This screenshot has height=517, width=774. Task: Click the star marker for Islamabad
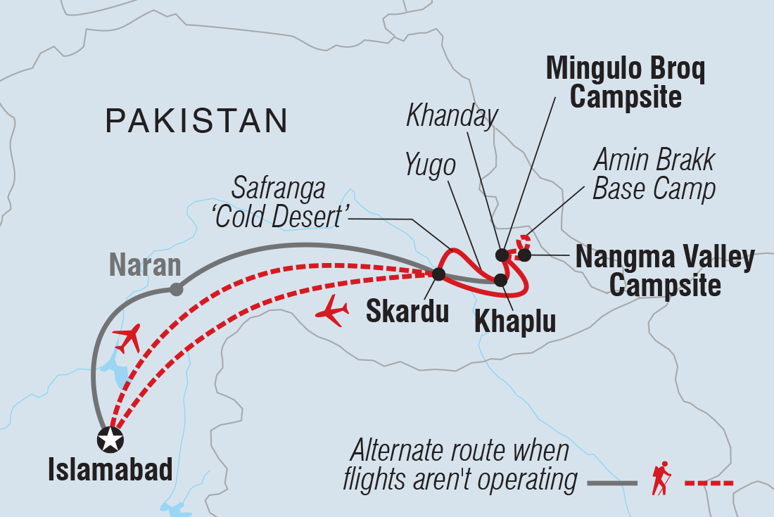coord(110,440)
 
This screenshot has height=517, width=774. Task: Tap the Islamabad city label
coord(110,471)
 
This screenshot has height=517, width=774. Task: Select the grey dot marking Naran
coord(177,289)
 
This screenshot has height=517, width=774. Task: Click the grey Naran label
coord(146,266)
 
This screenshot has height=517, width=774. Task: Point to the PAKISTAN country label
coord(196,121)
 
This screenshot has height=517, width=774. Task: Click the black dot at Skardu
coord(438,274)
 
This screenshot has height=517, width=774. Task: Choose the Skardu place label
coord(407,311)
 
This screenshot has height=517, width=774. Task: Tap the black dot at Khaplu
coord(500,279)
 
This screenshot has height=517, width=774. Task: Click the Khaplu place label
coord(515,321)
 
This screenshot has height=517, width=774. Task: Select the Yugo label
coord(431,166)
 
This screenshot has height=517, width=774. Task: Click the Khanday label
coord(452,116)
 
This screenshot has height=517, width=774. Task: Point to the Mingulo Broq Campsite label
coord(626,82)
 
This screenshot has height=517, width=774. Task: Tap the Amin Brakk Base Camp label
coord(654,174)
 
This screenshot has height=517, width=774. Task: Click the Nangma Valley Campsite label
coord(665,271)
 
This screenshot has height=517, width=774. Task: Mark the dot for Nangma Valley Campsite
coord(524,255)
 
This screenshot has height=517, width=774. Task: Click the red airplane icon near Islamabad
coord(127,339)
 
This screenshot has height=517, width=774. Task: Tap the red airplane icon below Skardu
coord(332,311)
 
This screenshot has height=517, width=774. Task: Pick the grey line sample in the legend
coord(611,483)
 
